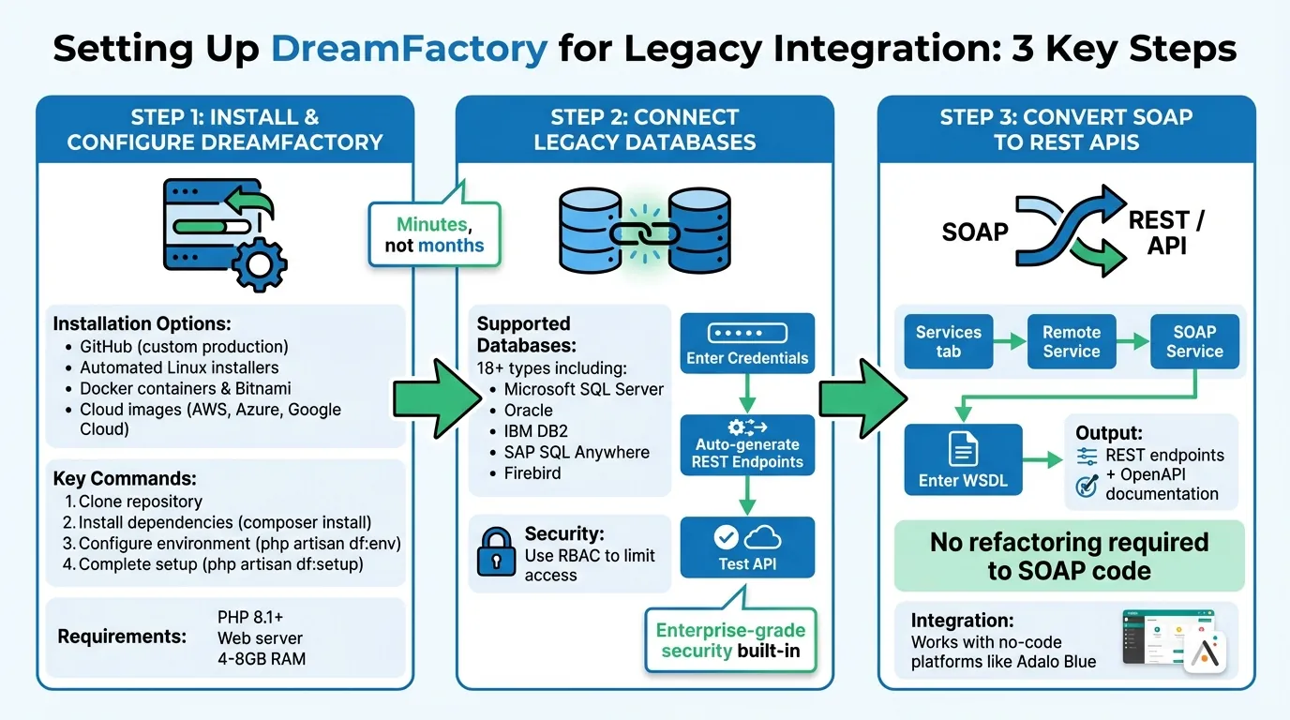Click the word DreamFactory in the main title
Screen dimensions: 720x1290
tap(409, 48)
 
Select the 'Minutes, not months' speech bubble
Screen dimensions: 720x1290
tap(434, 234)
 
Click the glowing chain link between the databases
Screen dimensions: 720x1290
tap(642, 232)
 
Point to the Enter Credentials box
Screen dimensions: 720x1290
tap(747, 343)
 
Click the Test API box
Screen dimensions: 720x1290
tap(747, 547)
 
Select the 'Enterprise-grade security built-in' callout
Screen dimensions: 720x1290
tap(730, 639)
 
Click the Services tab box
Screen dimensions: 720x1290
tap(948, 341)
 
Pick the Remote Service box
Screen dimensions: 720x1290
tap(1071, 341)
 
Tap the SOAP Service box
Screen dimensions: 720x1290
tap(1194, 341)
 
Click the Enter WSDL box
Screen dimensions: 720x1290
tap(963, 459)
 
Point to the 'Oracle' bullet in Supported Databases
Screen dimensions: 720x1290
tap(529, 410)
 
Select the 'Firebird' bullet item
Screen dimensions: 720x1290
tap(532, 472)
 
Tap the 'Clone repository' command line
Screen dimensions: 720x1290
tap(140, 502)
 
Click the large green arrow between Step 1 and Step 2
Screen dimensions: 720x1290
tap(427, 398)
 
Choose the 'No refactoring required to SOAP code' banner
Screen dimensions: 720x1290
tap(1069, 556)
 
